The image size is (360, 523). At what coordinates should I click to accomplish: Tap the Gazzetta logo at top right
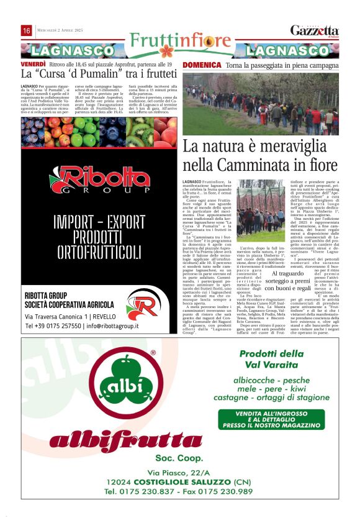click(x=315, y=30)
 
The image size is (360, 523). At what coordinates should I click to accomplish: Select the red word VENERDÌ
click(x=34, y=64)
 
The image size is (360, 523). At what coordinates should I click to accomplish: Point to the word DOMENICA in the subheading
click(x=202, y=65)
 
